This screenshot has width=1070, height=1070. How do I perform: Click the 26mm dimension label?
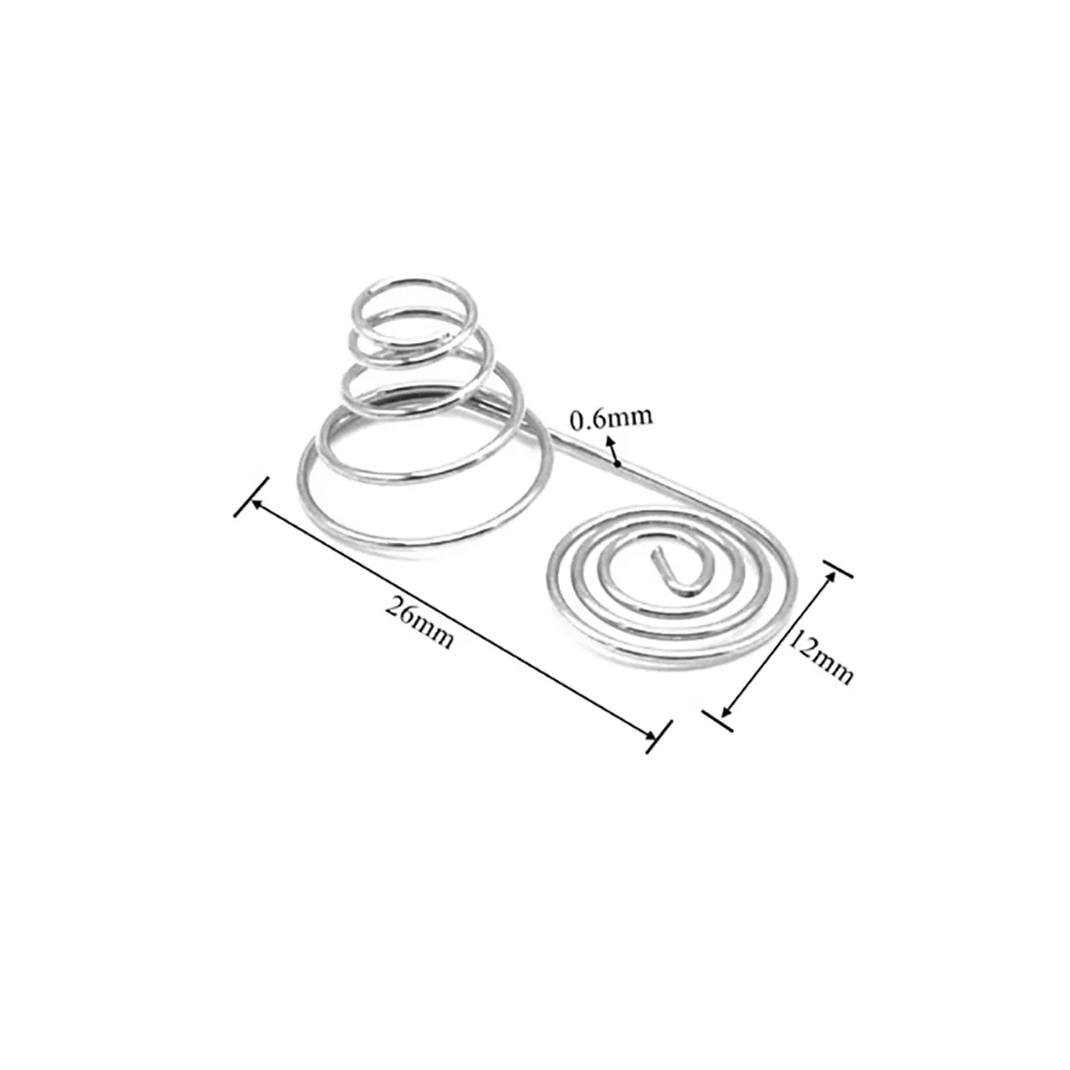(420, 621)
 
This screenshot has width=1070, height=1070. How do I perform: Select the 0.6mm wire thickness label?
(612, 418)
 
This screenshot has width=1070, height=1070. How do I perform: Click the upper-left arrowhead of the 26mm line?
(259, 503)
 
